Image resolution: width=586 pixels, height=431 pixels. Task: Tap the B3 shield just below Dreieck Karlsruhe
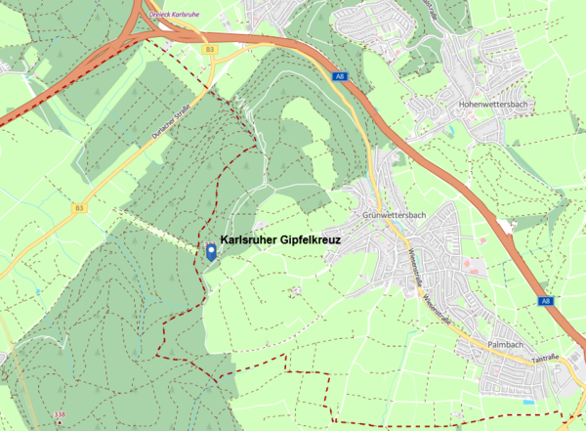coord(210,48)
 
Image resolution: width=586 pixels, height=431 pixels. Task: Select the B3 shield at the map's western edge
coord(79,208)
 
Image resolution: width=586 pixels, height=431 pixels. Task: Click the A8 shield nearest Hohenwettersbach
coord(339,75)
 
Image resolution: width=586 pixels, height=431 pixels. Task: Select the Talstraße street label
coord(544,361)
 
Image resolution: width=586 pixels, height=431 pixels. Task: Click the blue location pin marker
coord(211,253)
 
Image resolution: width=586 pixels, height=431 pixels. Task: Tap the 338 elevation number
coord(62,415)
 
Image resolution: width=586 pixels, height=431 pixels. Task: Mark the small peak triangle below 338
coord(62,424)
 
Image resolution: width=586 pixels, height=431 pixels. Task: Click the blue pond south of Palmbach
coord(528,402)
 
